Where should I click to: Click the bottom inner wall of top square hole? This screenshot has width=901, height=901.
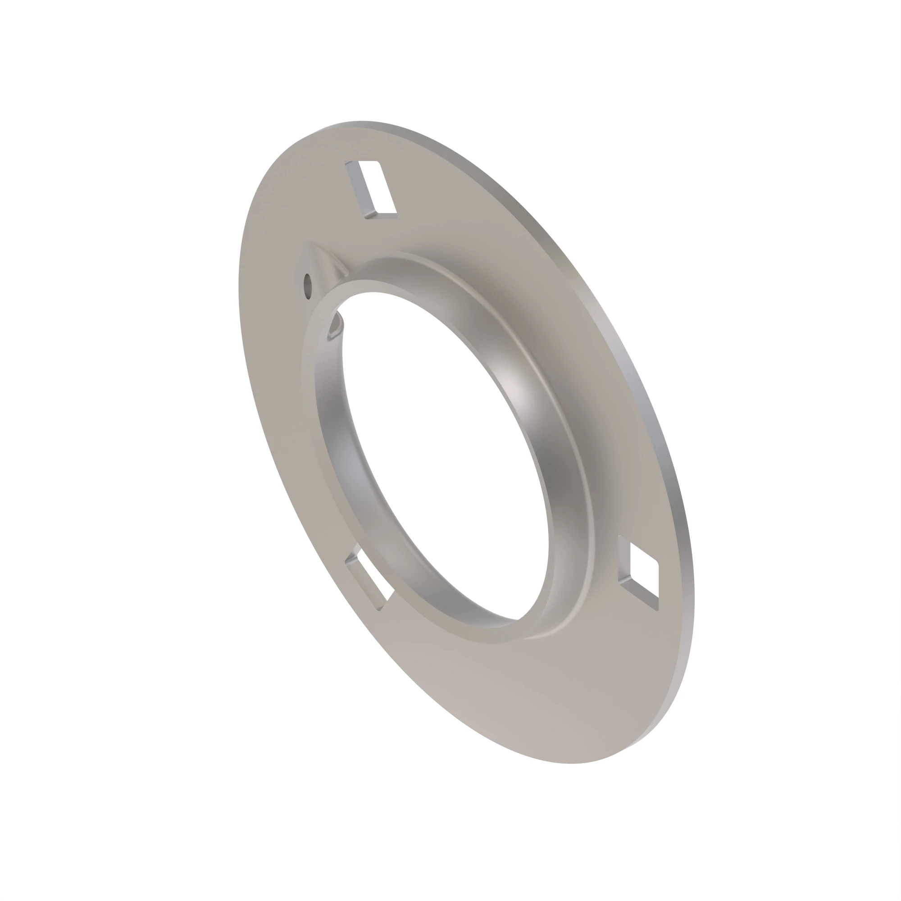380,214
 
